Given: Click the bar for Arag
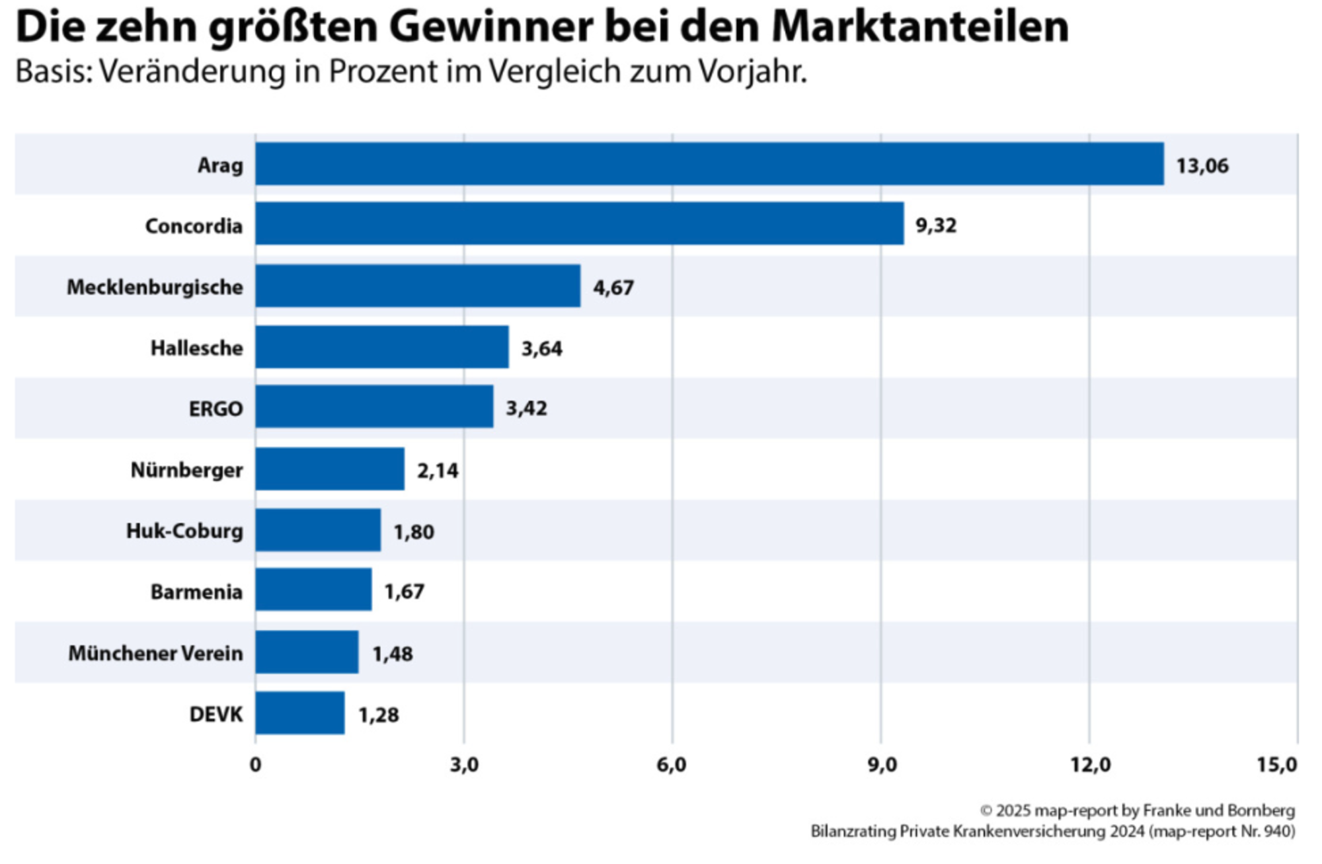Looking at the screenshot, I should pyautogui.click(x=709, y=164).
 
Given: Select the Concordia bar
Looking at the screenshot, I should pyautogui.click(x=580, y=224).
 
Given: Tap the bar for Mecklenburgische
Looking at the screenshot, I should pyautogui.click(x=418, y=286).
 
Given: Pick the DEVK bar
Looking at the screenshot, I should pyautogui.click(x=300, y=713).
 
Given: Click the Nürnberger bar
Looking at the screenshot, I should pyautogui.click(x=330, y=469).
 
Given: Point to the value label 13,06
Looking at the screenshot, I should pyautogui.click(x=1202, y=165).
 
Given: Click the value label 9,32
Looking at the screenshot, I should pyautogui.click(x=935, y=225).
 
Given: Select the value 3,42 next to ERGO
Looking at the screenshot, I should pyautogui.click(x=526, y=408).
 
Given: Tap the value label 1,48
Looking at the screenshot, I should pyautogui.click(x=392, y=654).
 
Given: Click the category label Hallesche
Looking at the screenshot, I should pyautogui.click(x=196, y=348).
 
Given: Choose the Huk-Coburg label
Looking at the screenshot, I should pyautogui.click(x=184, y=531).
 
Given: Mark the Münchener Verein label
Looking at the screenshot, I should pyautogui.click(x=155, y=653).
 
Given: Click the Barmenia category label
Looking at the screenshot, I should pyautogui.click(x=196, y=592).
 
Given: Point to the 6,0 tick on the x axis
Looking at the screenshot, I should pyautogui.click(x=672, y=765).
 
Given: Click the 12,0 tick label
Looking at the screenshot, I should pyautogui.click(x=1090, y=765).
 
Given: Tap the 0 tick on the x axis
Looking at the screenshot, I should pyautogui.click(x=255, y=765).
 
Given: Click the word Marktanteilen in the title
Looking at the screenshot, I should pyautogui.click(x=919, y=26).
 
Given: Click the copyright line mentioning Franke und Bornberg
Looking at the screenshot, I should pyautogui.click(x=1137, y=810).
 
